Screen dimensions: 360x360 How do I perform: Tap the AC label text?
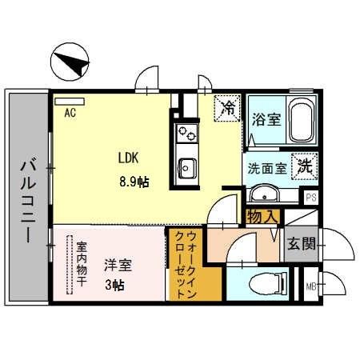point(70,113)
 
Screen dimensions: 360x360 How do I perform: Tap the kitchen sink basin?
point(186,168)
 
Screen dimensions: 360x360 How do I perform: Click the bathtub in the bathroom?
point(302,122)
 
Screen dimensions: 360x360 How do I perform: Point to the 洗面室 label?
point(267,169)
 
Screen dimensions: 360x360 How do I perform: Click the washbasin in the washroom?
point(263,194)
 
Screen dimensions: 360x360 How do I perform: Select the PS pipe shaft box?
point(310,197)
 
